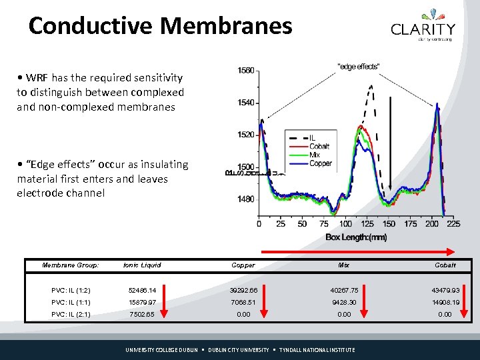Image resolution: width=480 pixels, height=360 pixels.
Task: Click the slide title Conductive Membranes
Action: coord(161,25)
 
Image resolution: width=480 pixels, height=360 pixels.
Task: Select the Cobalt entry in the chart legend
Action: coord(319,146)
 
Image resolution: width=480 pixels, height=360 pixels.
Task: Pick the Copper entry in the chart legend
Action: coord(320,163)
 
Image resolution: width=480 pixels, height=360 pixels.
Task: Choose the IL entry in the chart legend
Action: coord(312,138)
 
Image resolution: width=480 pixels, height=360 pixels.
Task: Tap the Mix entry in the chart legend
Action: coord(315,155)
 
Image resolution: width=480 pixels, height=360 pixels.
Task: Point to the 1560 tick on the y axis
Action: coord(246,71)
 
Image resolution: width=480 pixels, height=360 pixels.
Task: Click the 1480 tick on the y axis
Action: coord(246,199)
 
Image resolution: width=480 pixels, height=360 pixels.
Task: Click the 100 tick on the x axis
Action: coord(346,223)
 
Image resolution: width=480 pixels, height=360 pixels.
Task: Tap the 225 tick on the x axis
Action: coord(453,223)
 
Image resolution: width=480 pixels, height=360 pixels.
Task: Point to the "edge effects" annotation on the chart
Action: coord(359,65)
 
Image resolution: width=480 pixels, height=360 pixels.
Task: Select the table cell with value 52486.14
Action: coord(142,290)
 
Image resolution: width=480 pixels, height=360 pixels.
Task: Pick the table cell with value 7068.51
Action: coord(243,302)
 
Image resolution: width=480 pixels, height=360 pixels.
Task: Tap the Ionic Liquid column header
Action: coord(142,265)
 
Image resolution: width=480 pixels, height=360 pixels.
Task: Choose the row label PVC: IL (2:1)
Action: coord(71,314)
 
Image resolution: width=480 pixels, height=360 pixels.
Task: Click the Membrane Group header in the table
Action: coord(71,265)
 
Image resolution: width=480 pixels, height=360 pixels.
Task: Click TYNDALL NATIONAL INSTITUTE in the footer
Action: coord(317,350)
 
